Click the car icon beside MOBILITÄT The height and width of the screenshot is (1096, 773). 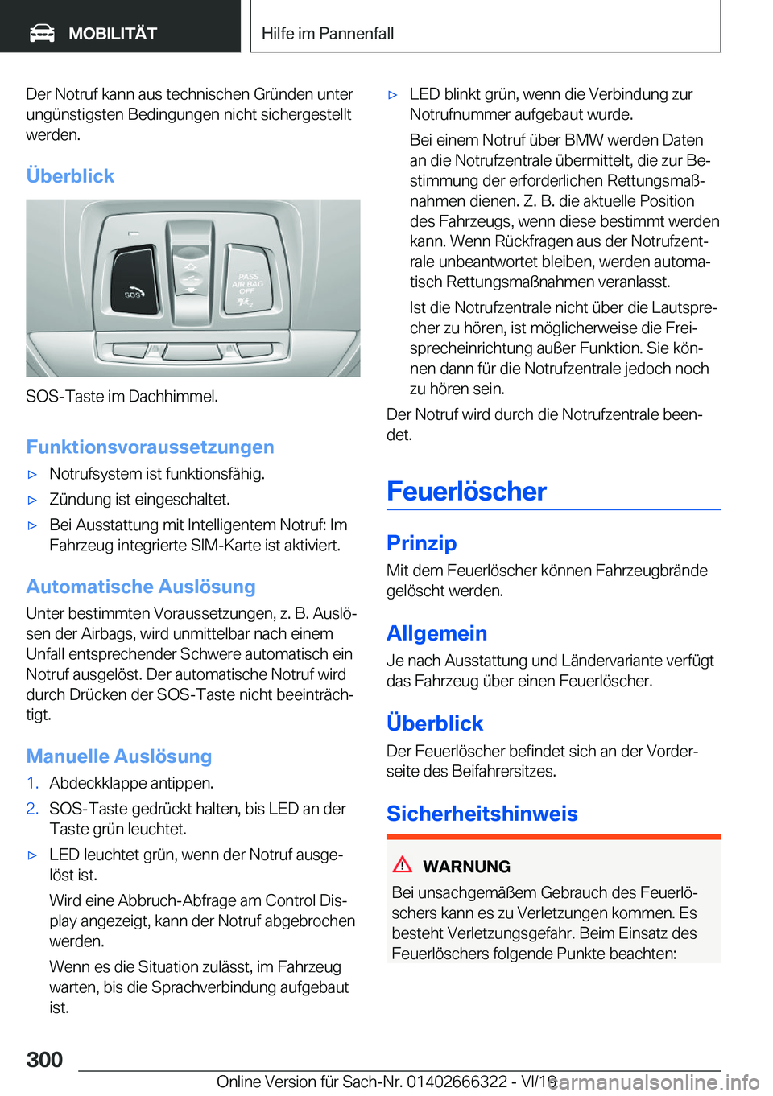click(x=42, y=33)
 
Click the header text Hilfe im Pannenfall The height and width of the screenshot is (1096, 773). click(x=328, y=33)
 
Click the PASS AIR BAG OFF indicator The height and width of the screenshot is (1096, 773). click(x=248, y=286)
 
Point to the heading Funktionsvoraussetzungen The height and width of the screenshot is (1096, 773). click(x=150, y=447)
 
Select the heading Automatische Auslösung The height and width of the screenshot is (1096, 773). click(x=141, y=587)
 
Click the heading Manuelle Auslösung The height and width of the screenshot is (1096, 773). click(x=119, y=756)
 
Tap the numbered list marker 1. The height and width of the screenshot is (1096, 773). click(x=32, y=783)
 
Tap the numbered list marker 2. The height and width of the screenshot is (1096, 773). click(x=32, y=809)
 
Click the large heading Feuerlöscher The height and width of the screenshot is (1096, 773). click(x=466, y=491)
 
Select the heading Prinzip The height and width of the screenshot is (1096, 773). click(x=421, y=543)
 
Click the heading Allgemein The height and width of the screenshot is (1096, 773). click(x=436, y=633)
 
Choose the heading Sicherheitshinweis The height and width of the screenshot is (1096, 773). click(x=482, y=814)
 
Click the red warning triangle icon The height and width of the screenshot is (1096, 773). click(x=403, y=865)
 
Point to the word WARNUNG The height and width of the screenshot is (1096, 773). click(x=466, y=867)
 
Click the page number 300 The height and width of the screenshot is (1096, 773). click(x=44, y=1059)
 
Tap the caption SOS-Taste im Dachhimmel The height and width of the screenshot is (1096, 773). click(x=122, y=396)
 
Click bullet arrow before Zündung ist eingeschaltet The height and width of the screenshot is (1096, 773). click(x=33, y=500)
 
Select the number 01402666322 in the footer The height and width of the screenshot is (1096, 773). click(x=457, y=1082)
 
